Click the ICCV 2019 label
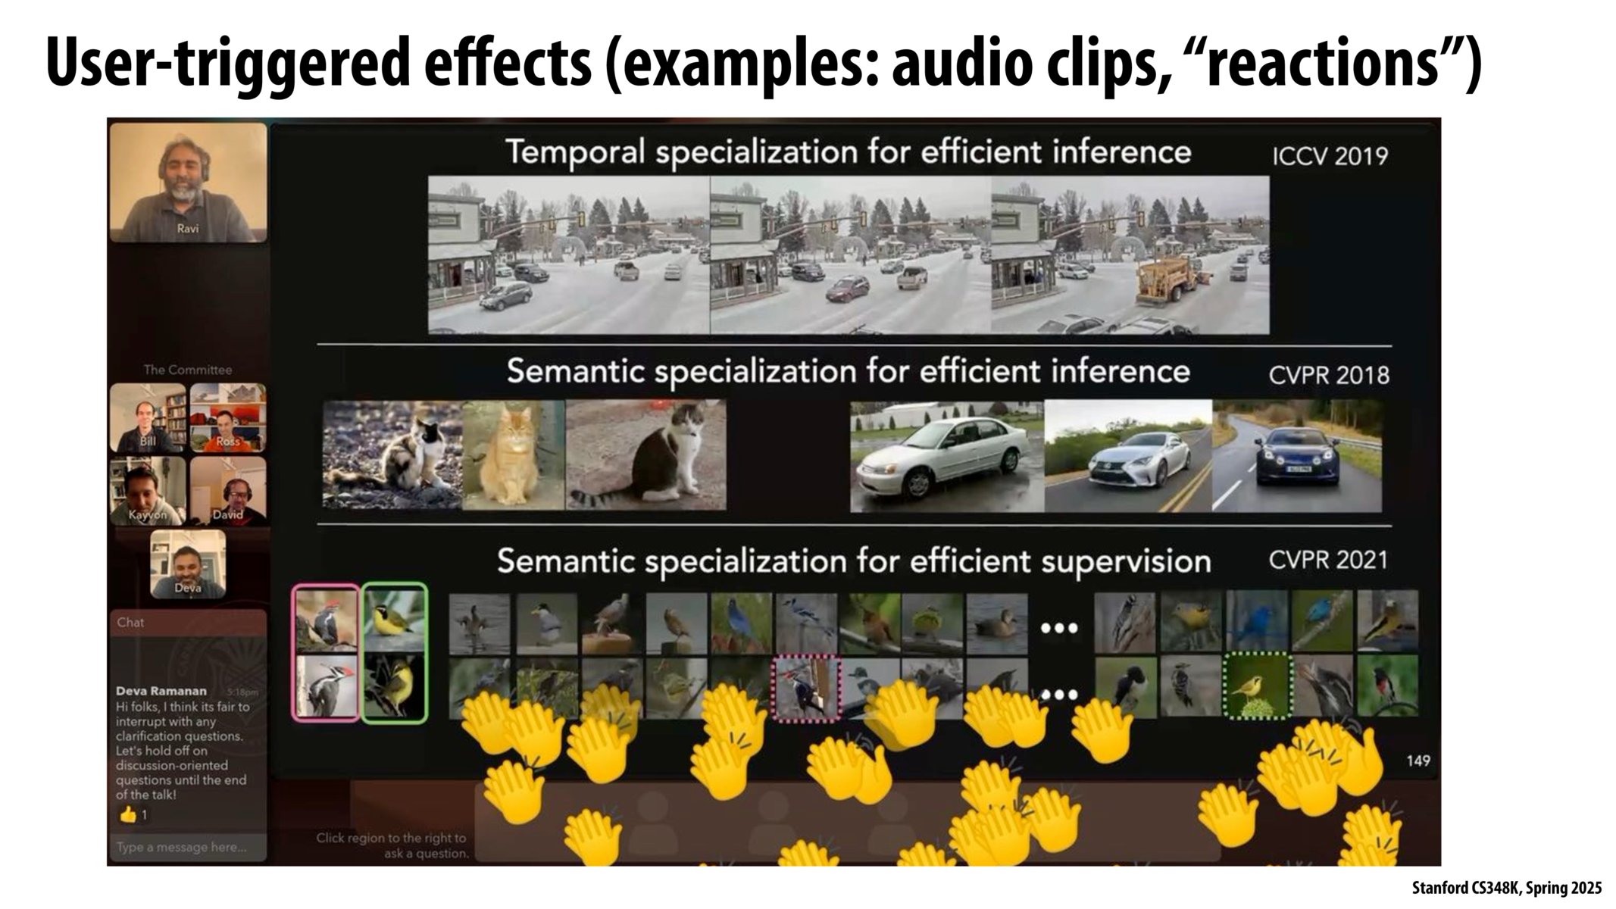(x=1330, y=156)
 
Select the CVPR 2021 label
(x=1328, y=561)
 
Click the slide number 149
(x=1418, y=761)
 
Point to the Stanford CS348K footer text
(x=1506, y=888)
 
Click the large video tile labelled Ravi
(x=188, y=182)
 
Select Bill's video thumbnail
(x=148, y=417)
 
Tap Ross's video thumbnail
(x=228, y=417)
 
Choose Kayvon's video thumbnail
(x=148, y=491)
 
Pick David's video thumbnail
(x=228, y=491)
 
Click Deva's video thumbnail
(x=188, y=564)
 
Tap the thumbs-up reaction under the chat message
(x=128, y=815)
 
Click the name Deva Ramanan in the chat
(x=161, y=691)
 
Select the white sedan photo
(x=946, y=457)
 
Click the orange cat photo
(x=513, y=454)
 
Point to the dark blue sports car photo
(x=1297, y=456)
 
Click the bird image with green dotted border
(x=1258, y=686)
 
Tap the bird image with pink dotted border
(x=806, y=688)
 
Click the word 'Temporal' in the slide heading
(x=576, y=152)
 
